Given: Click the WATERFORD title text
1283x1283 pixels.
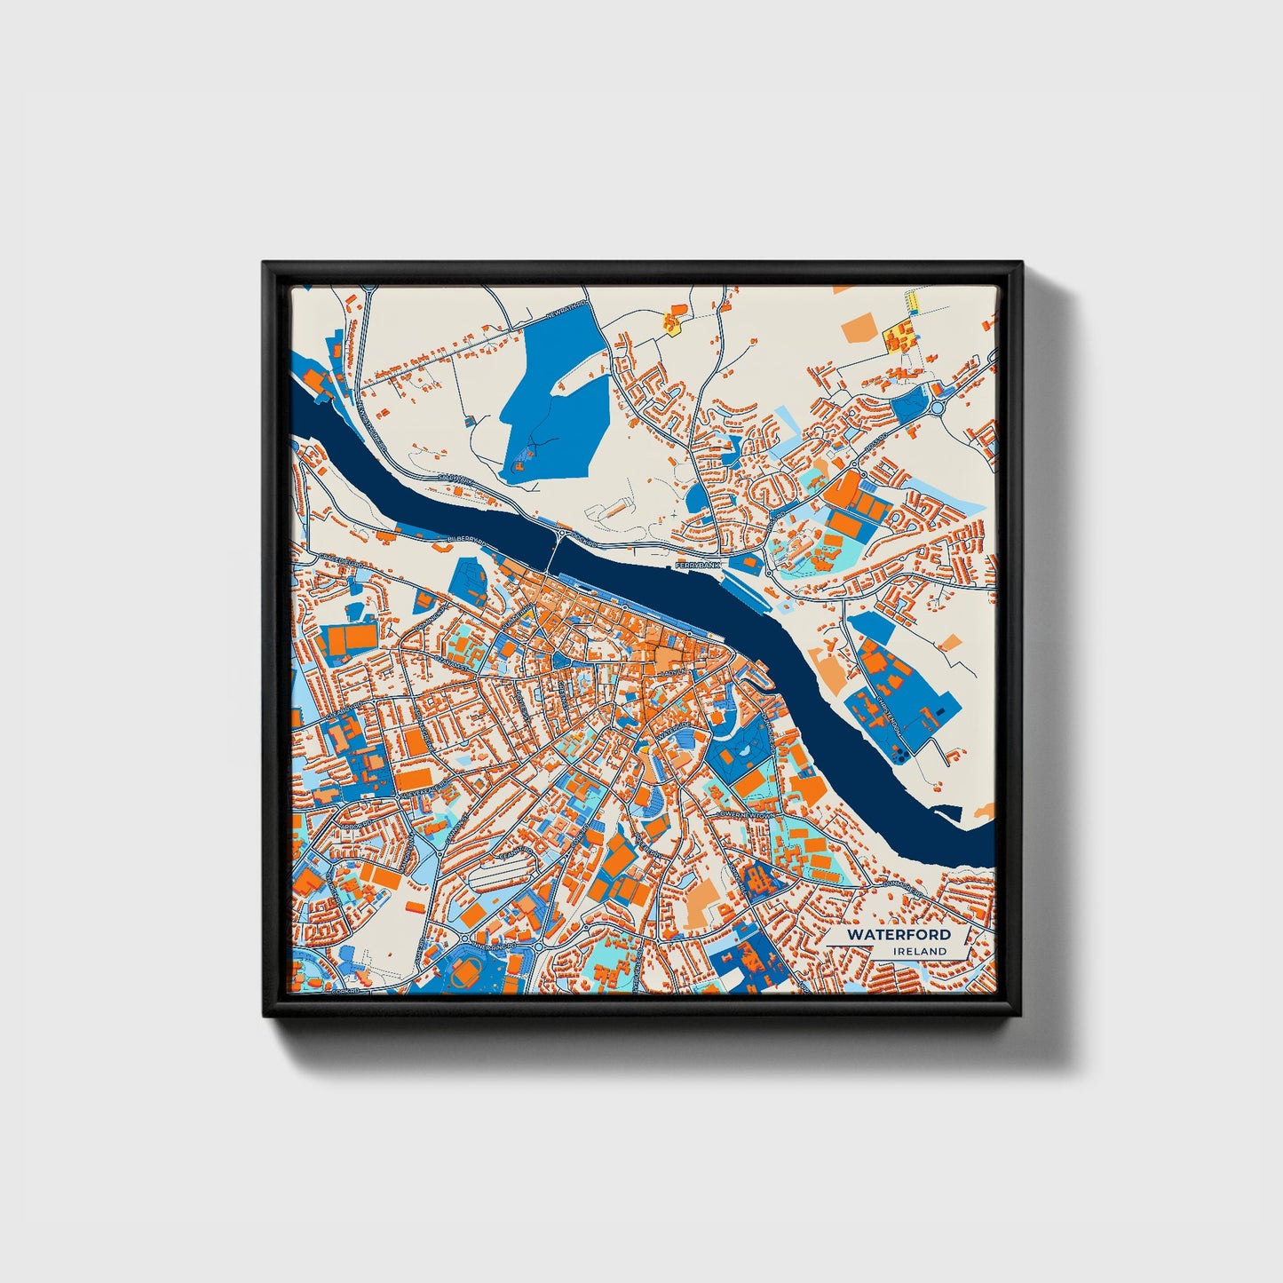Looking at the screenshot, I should coord(898,935).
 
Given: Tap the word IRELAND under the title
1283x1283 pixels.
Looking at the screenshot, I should coord(920,951).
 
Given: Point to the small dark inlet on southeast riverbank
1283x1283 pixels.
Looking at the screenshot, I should coord(947,811).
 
